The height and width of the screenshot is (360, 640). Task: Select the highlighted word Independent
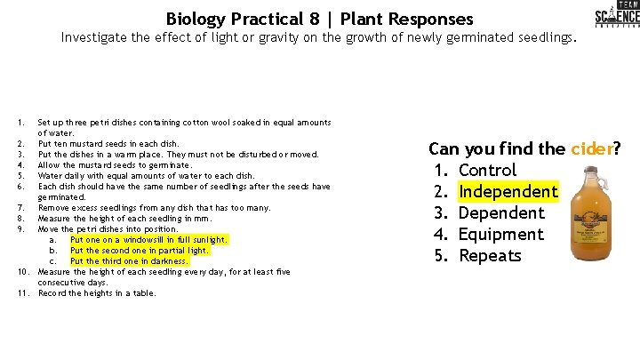point(508,192)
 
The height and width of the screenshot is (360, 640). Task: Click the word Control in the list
point(487,171)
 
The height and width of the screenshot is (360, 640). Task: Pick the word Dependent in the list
point(501,213)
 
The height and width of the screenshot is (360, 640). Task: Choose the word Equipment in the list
point(500,235)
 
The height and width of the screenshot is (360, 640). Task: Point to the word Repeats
point(490,256)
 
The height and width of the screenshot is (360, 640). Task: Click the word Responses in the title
point(428,19)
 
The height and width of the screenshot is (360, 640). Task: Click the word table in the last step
point(143,293)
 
